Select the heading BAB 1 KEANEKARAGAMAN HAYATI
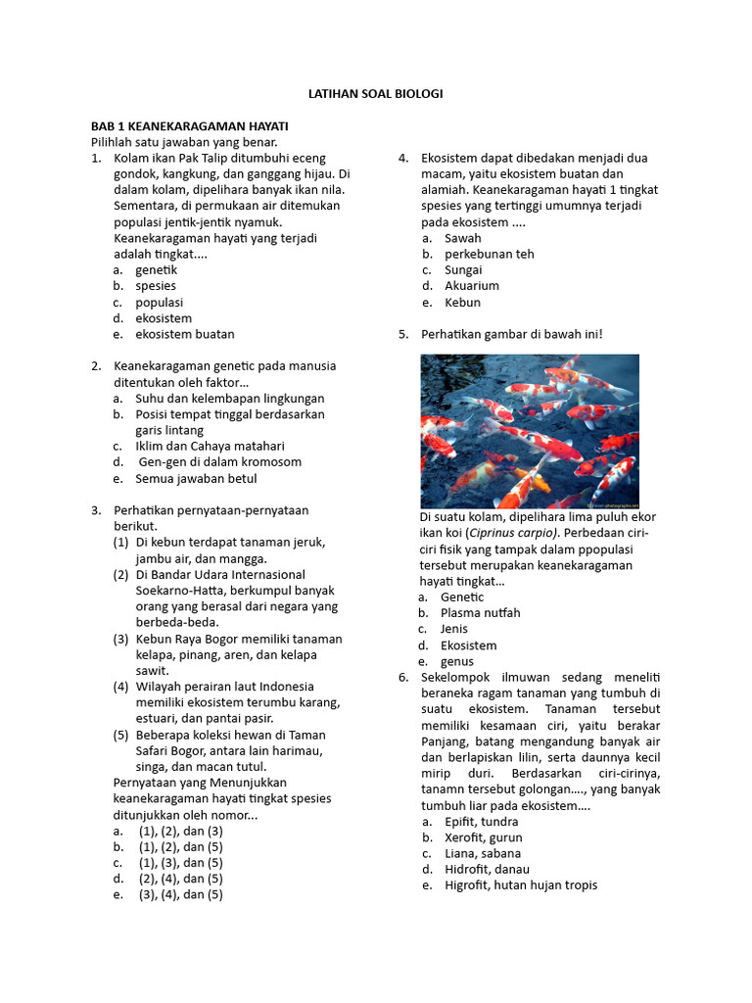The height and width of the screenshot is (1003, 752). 189,126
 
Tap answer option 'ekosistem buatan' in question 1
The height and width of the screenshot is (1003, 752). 184,334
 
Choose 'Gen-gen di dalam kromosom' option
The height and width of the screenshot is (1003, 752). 219,462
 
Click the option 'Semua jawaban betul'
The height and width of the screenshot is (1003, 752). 196,478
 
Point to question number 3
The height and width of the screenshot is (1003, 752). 96,510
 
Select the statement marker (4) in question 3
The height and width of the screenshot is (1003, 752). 120,687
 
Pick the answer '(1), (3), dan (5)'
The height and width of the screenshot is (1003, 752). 180,863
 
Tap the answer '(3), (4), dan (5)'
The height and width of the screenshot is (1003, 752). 180,894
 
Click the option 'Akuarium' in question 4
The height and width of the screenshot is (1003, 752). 471,286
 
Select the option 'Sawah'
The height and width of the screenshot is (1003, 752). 462,238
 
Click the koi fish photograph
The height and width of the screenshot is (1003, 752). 529,431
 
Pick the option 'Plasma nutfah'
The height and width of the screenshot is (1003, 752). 480,613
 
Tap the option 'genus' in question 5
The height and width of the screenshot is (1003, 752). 456,661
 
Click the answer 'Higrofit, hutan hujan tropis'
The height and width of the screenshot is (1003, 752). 520,885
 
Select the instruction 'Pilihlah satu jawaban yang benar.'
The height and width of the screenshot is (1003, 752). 184,142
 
